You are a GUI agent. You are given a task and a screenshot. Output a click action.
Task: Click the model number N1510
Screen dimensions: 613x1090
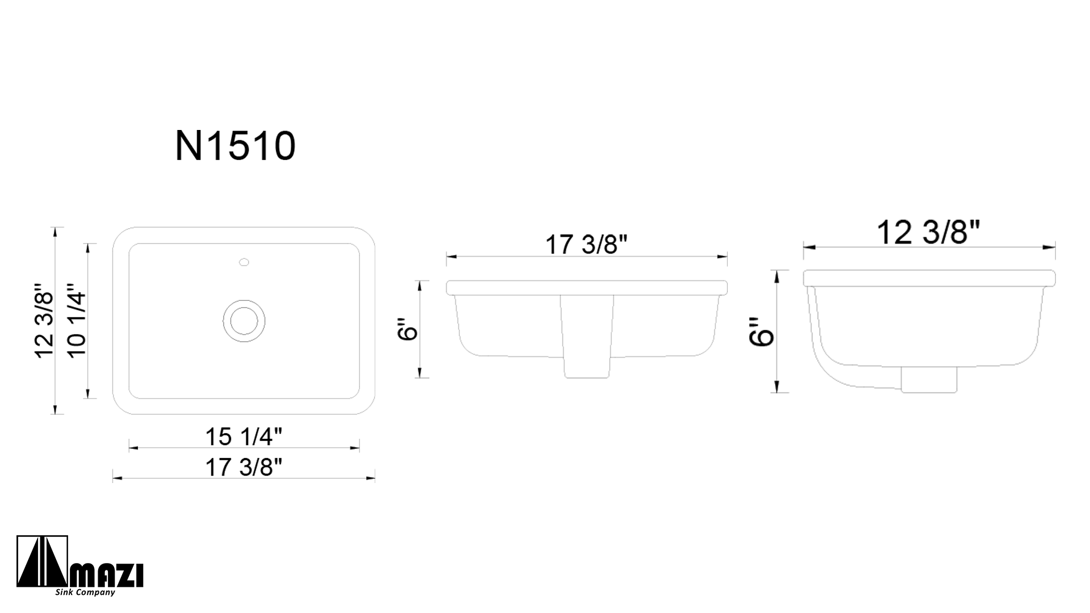point(235,146)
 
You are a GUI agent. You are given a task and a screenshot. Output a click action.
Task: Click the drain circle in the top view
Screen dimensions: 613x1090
point(244,321)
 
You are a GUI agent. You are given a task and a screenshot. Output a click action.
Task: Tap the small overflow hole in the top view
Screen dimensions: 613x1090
point(244,262)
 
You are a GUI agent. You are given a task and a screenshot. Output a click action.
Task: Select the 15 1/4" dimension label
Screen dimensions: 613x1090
point(244,436)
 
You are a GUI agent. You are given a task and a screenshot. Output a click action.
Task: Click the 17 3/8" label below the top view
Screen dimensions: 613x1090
point(244,467)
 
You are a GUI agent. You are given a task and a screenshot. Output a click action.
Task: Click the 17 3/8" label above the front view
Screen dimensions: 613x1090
point(586,245)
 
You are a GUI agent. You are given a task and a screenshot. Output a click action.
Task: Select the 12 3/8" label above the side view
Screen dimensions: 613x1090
point(929,232)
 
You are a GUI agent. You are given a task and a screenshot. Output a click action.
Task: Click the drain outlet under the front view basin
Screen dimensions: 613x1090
point(587,366)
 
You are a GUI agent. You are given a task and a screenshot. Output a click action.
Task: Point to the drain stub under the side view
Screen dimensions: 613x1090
point(929,379)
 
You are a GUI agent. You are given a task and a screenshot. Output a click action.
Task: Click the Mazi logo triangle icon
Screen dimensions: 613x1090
point(43,562)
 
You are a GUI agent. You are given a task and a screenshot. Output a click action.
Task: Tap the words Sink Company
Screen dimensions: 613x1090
point(85,593)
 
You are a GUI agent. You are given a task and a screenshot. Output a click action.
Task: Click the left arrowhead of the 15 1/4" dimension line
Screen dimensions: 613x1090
point(133,448)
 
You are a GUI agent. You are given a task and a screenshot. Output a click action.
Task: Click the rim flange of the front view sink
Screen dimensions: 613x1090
point(586,288)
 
